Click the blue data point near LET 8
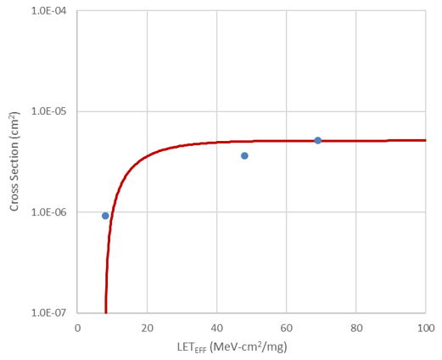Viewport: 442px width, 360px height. (105, 216)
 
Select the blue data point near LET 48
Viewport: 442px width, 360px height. (244, 155)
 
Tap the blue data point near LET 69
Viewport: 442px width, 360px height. (318, 140)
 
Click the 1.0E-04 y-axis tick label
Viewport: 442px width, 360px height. (53, 11)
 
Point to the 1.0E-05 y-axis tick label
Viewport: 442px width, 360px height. (53, 111)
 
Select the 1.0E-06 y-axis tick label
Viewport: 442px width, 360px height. (53, 212)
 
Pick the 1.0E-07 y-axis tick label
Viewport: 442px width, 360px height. (53, 312)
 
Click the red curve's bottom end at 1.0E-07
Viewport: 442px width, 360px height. (105, 312)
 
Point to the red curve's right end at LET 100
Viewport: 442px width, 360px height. (424, 140)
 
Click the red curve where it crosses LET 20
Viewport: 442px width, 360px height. (147, 158)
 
